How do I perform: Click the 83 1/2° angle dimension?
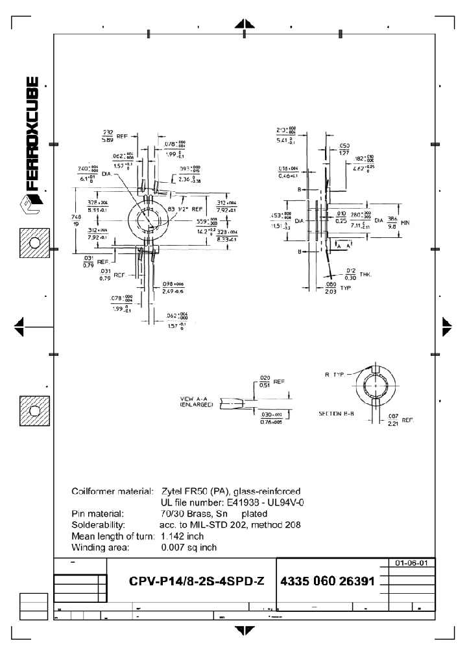click(178, 209)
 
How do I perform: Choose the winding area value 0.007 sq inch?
click(189, 548)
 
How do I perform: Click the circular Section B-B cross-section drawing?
click(375, 385)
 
